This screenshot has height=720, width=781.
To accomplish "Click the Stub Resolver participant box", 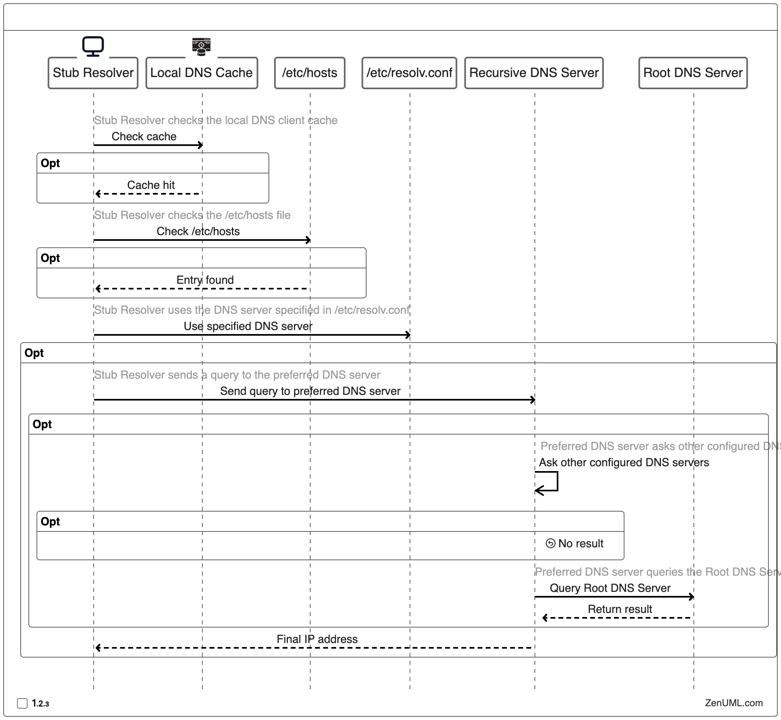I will point(93,73).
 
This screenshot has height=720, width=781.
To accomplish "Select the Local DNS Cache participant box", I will point(202,73).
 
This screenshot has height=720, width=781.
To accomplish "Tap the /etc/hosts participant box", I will point(309,73).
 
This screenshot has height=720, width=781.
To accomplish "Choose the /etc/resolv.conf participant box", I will point(409,73).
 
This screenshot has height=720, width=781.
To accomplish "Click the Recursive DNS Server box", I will point(534,73).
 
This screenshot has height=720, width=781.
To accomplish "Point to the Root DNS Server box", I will point(693,73).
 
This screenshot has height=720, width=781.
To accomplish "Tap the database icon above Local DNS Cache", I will point(202,46).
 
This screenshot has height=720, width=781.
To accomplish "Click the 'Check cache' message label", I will point(144,137).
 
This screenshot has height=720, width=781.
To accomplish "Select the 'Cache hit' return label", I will point(151,185).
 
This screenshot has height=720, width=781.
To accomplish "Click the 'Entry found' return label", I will point(205,280).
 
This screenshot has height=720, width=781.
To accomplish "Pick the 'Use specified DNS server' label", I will point(248,326).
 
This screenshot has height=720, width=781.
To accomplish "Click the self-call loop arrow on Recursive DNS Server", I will point(547,482).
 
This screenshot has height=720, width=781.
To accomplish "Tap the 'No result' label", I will point(580,544).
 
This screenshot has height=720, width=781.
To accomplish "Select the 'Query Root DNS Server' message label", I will point(610,588).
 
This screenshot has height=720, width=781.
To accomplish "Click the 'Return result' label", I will point(620,609).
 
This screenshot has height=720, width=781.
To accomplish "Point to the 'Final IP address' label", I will point(317,639).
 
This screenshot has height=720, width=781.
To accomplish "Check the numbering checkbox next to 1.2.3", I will point(22,703).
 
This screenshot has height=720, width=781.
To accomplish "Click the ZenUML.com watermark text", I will point(733,703).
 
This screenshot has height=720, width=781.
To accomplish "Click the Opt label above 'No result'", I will point(50,522).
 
